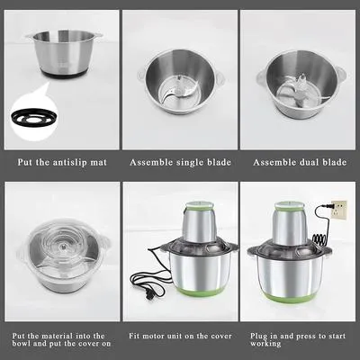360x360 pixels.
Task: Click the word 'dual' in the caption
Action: [x=301, y=162]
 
